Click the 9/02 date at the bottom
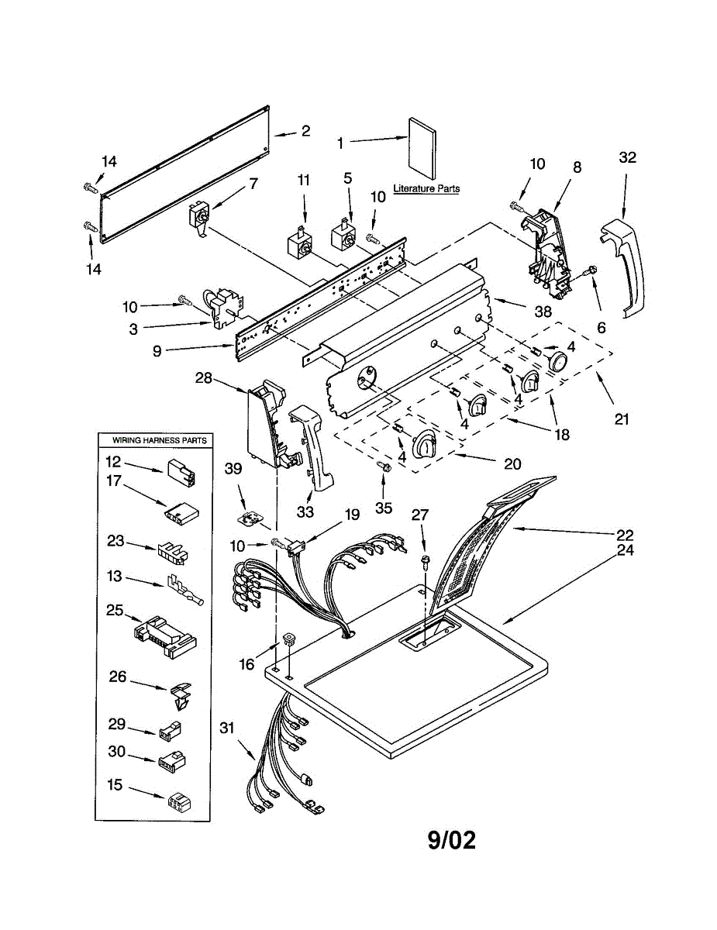click(452, 840)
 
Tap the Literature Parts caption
click(426, 188)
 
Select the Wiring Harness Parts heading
click(159, 440)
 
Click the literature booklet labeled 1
click(422, 148)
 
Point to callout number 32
click(628, 157)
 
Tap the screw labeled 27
click(426, 562)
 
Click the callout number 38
click(543, 311)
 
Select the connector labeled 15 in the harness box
click(179, 801)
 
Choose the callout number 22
click(625, 535)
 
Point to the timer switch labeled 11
click(300, 243)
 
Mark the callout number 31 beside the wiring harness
click(227, 728)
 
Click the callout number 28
click(204, 378)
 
